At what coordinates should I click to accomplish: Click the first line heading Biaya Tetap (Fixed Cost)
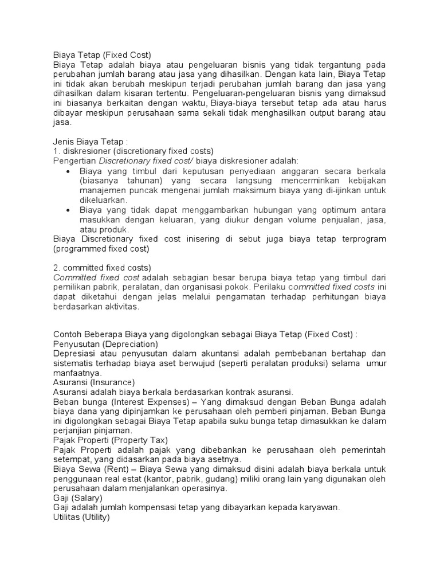[x=102, y=55]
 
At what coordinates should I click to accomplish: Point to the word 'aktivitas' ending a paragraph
[x=120, y=307]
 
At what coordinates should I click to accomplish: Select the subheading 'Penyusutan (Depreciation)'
[x=105, y=344]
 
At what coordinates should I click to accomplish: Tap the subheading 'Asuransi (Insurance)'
[x=93, y=382]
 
